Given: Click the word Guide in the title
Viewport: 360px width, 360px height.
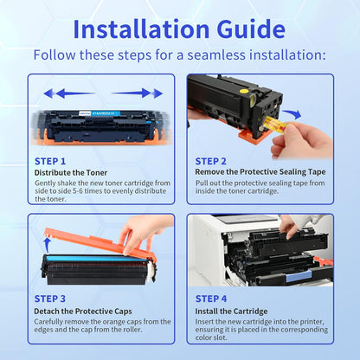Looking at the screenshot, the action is (x=251, y=29).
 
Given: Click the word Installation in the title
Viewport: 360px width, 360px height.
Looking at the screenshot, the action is (x=141, y=29).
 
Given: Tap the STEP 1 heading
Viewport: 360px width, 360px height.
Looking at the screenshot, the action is (x=50, y=161).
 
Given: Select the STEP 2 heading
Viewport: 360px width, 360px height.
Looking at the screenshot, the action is (x=211, y=161).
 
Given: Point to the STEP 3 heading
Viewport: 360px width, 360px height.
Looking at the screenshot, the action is (x=50, y=299).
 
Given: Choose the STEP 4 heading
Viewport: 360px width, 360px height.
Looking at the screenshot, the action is (x=211, y=299).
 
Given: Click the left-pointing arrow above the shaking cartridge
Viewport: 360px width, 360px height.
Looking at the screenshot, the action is (x=69, y=93).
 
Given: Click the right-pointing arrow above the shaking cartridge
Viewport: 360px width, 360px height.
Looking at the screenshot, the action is (x=137, y=93).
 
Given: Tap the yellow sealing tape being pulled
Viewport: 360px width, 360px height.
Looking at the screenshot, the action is (x=275, y=125).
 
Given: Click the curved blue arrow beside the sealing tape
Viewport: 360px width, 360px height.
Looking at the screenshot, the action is (x=292, y=114).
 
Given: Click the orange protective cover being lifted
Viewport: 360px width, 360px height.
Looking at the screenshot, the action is (x=98, y=244).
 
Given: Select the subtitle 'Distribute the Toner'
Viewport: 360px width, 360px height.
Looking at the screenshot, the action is (x=71, y=173).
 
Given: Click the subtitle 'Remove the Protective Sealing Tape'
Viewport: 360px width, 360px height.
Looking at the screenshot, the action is (x=260, y=172).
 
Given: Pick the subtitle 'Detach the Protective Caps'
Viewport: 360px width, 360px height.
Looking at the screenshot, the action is (x=83, y=312).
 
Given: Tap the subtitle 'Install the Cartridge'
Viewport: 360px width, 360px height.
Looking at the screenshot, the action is (x=231, y=312).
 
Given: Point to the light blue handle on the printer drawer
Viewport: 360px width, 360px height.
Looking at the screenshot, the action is (x=298, y=277).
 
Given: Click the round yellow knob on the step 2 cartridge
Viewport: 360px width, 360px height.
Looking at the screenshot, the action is (x=244, y=93).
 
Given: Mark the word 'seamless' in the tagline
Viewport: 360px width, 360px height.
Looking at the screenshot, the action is (x=216, y=55).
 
